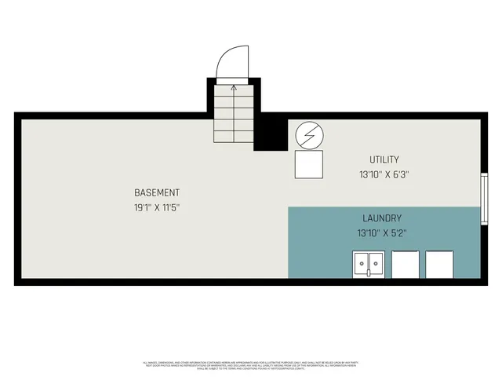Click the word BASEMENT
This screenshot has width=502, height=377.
point(157,192)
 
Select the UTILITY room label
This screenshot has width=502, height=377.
point(384,159)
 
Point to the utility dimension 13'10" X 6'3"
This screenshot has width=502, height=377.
point(384,174)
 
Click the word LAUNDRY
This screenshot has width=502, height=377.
point(382,218)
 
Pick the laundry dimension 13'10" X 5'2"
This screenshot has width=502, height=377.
point(382,232)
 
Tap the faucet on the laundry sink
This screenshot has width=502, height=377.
point(369,273)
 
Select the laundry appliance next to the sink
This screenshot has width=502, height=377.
point(406,265)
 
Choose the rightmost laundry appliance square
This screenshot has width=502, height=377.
point(439,265)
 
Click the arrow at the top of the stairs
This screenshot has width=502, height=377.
point(234,87)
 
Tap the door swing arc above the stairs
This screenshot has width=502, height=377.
point(233,63)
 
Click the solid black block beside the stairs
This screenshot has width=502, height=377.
point(271,132)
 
